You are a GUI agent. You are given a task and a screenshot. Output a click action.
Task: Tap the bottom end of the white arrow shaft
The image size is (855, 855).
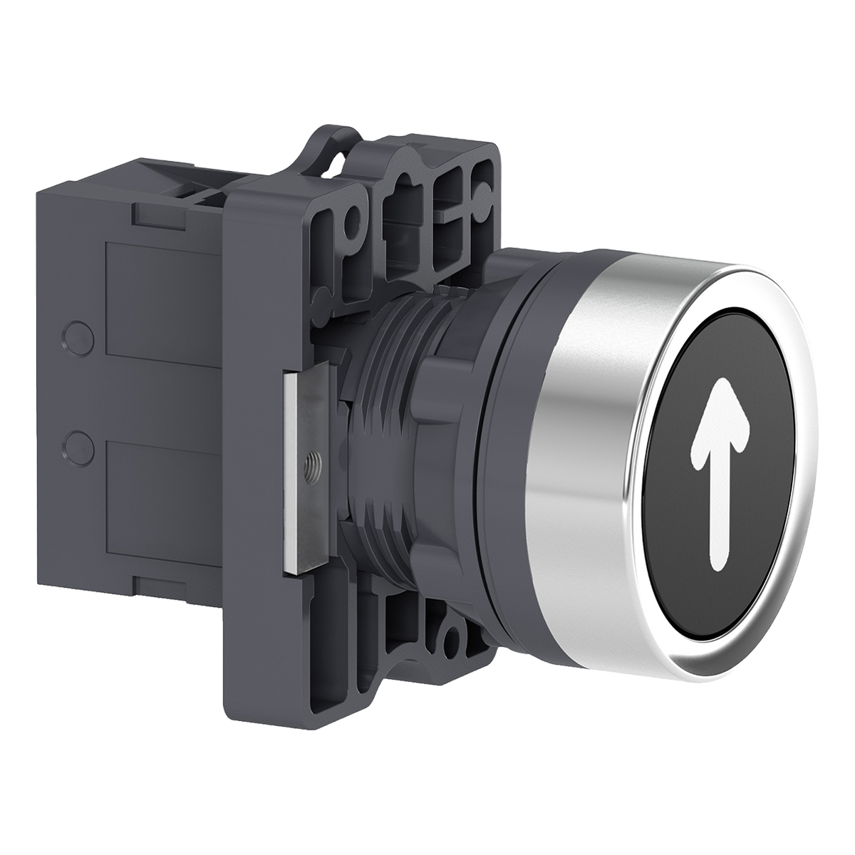click(712, 563)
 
